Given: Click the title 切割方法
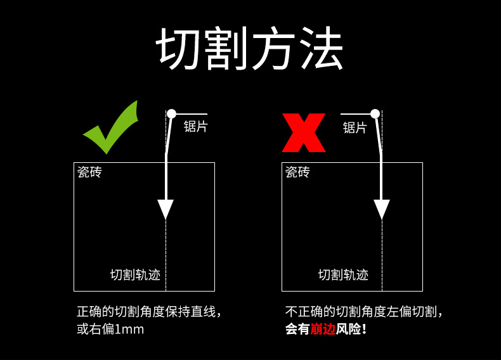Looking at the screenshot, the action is (x=251, y=49).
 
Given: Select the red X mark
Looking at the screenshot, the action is (x=304, y=133).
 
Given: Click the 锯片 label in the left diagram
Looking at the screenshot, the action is (x=195, y=126).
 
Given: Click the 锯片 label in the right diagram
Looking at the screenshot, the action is (x=355, y=127).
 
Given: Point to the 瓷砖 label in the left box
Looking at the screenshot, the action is (x=89, y=172).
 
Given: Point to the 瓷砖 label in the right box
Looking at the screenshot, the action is (x=297, y=172).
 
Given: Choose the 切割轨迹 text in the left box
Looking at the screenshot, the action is (x=135, y=274).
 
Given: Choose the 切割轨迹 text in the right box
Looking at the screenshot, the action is (x=343, y=274).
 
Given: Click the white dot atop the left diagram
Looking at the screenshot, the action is (x=171, y=113).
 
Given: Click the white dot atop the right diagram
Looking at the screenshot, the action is (x=375, y=113).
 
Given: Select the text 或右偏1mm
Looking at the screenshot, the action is (x=110, y=330).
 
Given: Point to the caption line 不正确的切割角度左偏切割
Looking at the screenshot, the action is (x=363, y=312).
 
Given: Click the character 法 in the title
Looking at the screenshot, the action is (x=320, y=49).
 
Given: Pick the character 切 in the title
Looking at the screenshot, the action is (x=179, y=49).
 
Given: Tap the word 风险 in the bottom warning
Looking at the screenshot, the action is (x=348, y=330).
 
